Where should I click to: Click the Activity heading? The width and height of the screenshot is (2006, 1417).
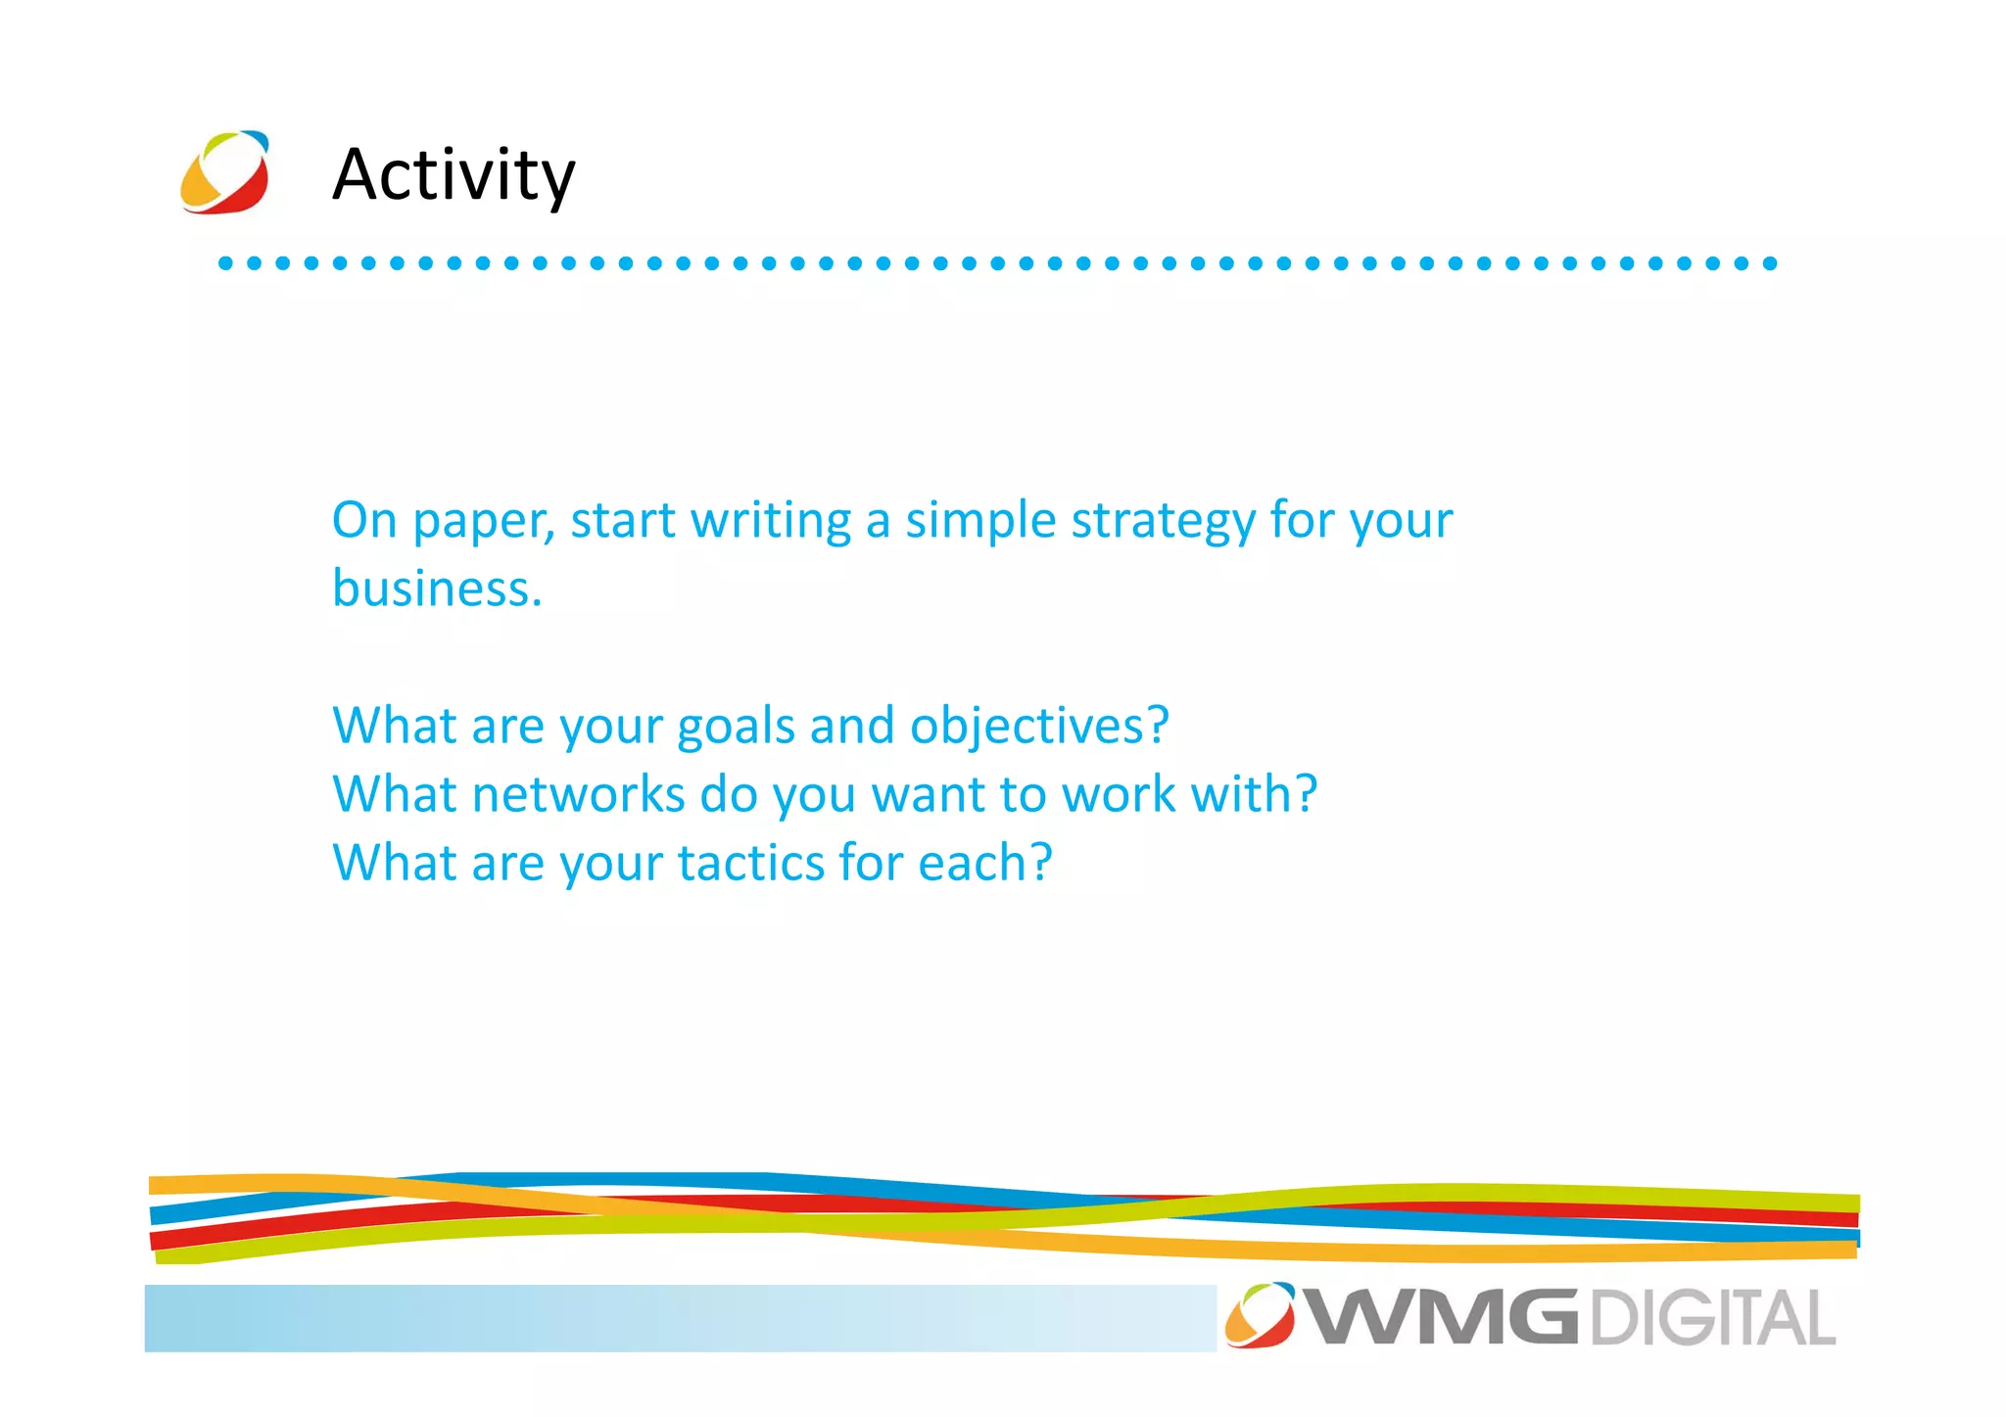point(454,174)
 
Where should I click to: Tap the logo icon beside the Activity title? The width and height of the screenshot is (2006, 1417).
point(225,172)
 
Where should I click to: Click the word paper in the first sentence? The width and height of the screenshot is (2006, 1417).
point(483,522)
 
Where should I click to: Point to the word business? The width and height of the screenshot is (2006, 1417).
point(436,589)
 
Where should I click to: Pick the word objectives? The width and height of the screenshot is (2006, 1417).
point(1038,728)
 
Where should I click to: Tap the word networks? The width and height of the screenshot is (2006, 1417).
point(578,794)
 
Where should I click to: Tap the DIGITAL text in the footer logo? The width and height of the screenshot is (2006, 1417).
point(1712,1318)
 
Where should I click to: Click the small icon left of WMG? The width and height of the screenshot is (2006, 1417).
point(1260,1314)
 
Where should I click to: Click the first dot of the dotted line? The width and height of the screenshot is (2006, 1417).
point(225,262)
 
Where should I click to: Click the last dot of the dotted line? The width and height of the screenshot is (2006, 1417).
point(1770,262)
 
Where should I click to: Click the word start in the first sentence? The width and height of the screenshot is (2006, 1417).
point(623,521)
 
